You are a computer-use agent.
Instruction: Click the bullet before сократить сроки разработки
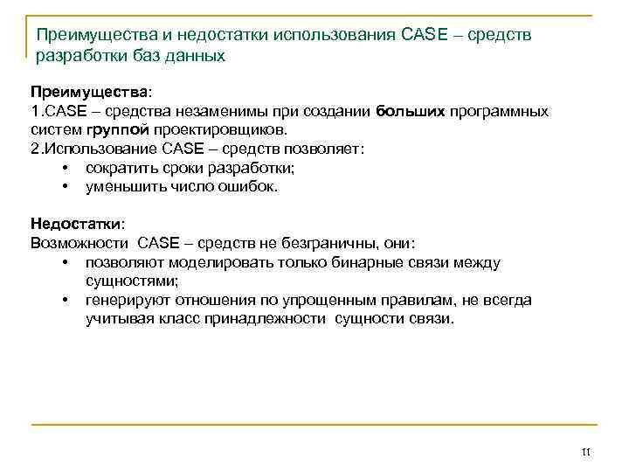[x=66, y=168]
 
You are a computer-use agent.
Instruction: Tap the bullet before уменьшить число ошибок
[x=66, y=186]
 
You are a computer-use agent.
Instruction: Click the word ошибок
[x=252, y=186]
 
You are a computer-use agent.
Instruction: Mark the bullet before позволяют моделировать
[x=66, y=262]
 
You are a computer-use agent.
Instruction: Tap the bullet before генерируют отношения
[x=66, y=300]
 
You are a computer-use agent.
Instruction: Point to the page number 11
[x=586, y=451]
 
